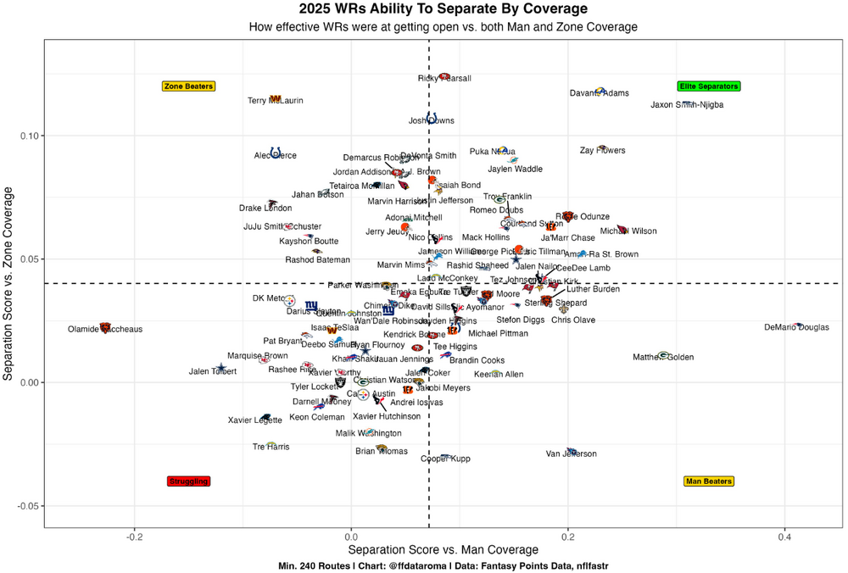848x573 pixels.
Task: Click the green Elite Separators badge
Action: coord(709,86)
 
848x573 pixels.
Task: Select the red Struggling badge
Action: coord(188,481)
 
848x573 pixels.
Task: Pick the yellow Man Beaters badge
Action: coord(708,481)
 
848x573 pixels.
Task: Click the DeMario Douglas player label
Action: coord(796,327)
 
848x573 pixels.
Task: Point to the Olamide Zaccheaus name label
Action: coord(105,330)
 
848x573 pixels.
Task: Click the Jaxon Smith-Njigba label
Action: coord(687,105)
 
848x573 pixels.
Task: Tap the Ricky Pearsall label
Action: coord(444,79)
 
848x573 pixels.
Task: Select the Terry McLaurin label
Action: coord(275,101)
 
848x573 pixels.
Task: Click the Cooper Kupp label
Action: coord(445,459)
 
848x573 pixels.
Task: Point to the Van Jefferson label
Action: coord(572,454)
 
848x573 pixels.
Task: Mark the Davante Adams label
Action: coord(600,93)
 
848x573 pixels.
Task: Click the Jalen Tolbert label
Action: coord(213,371)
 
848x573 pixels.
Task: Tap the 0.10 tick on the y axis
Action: coord(30,136)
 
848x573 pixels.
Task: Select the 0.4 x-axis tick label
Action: coord(784,536)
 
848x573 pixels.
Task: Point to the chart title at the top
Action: coord(443,9)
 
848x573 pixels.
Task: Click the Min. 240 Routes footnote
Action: coord(443,565)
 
